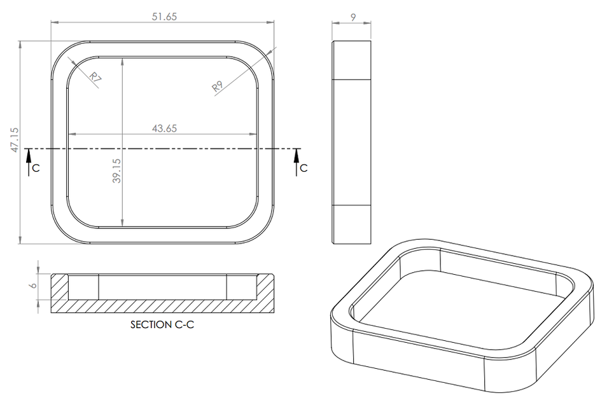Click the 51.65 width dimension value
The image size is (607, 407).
point(164,17)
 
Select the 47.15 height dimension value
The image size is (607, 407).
point(15,139)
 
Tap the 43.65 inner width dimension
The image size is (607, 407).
point(164,128)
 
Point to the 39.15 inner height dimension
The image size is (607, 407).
point(116,171)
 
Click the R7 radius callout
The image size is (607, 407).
point(95,79)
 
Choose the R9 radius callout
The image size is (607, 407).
point(218,86)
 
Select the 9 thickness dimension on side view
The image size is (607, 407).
point(352,18)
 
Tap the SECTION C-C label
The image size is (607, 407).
point(162,324)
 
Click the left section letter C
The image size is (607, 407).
point(36,168)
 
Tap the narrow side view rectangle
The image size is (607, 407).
point(351,142)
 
